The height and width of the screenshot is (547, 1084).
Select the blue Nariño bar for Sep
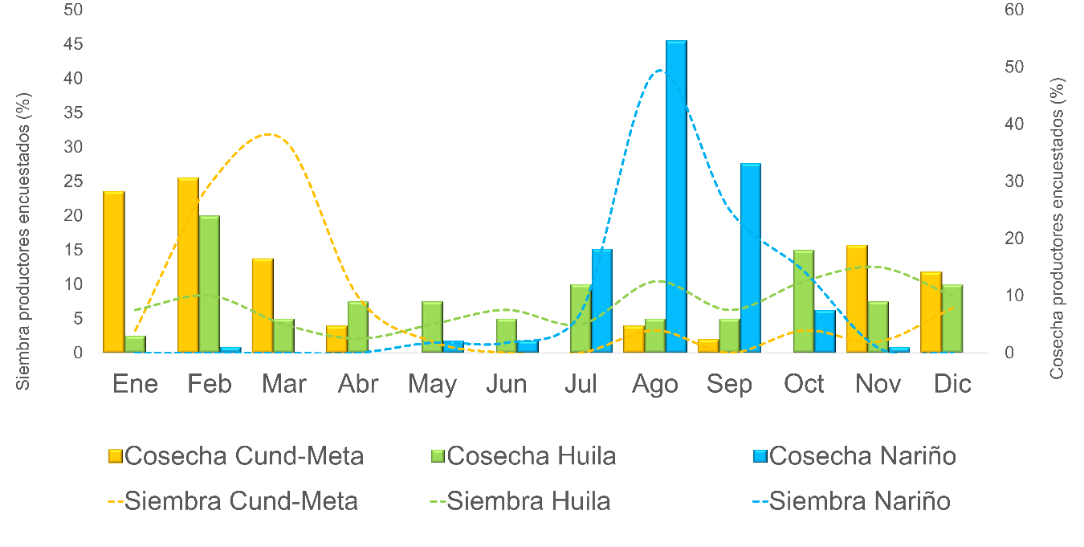(x=750, y=258)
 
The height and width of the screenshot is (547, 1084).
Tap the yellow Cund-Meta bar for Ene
(x=114, y=272)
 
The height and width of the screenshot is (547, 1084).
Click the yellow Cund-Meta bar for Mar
(x=263, y=305)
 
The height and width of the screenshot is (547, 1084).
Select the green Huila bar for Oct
(x=804, y=301)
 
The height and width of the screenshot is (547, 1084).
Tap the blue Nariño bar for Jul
(x=602, y=300)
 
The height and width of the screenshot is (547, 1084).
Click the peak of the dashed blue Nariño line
(x=659, y=70)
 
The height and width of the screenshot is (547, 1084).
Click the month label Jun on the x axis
(x=507, y=384)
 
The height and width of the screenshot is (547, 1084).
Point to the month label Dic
(x=952, y=384)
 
